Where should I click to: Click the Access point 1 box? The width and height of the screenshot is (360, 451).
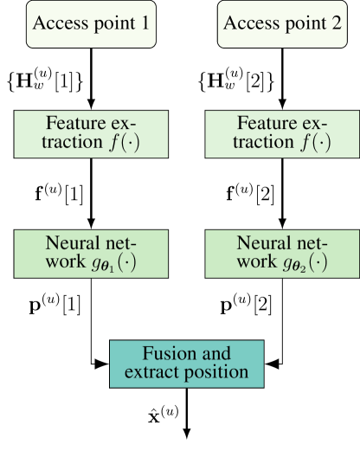pyautogui.click(x=91, y=23)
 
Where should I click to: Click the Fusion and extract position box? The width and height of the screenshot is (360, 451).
pyautogui.click(x=186, y=363)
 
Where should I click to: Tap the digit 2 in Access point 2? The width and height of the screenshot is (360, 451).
pyautogui.click(x=335, y=23)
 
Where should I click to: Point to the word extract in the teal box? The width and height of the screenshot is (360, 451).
pyautogui.click(x=154, y=373)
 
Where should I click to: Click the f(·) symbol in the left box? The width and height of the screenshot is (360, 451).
pyautogui.click(x=120, y=143)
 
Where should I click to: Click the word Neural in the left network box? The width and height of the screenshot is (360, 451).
pyautogui.click(x=70, y=243)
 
